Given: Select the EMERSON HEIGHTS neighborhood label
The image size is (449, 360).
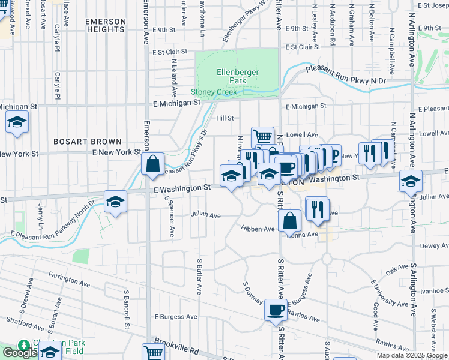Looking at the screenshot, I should point(106,25).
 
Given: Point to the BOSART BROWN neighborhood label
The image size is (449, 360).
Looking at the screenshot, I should point(83,142).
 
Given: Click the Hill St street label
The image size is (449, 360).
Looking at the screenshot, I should point(224,119).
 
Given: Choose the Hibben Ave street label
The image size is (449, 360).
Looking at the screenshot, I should point(258,229).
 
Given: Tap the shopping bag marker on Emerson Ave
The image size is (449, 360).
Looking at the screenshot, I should point(153,163).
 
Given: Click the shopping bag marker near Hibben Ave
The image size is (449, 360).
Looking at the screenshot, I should point(290,220).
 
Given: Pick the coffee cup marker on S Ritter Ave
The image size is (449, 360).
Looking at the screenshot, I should point(276,310).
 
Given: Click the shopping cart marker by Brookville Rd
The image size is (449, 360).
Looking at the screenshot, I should point(153,353).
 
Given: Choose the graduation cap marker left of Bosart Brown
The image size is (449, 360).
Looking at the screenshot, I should point(17,122).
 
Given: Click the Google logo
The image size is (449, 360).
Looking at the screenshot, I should point(20,353).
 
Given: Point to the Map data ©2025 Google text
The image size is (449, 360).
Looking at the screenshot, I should point(412,355).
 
